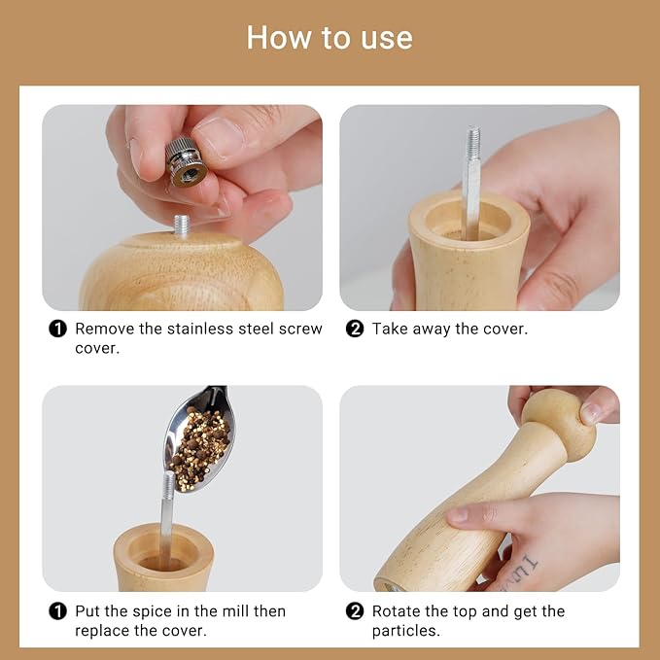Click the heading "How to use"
pyautogui.click(x=330, y=38)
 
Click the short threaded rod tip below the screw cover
pyautogui.click(x=181, y=226)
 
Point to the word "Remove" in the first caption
pyautogui.click(x=104, y=329)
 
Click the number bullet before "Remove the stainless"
pyautogui.click(x=58, y=329)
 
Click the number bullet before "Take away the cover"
pyautogui.click(x=355, y=329)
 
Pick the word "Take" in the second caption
pyautogui.click(x=389, y=329)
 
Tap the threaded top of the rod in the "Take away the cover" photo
pyautogui.click(x=472, y=144)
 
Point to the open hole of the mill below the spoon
pyautogui.click(x=163, y=561)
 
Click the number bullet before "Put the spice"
pyautogui.click(x=58, y=611)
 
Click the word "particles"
pyautogui.click(x=405, y=631)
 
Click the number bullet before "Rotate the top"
pyautogui.click(x=355, y=611)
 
